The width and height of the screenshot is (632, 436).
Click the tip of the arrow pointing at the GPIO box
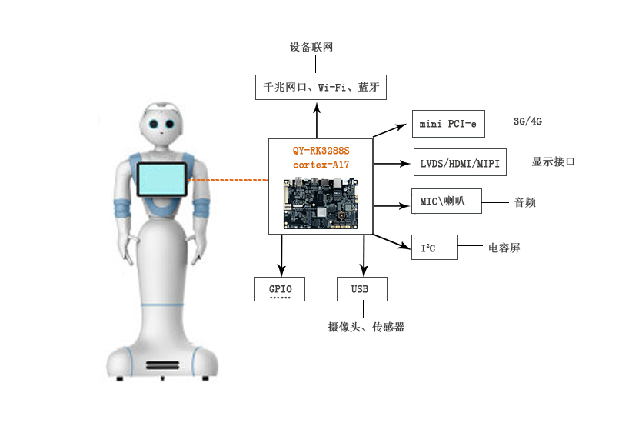tap(281, 276)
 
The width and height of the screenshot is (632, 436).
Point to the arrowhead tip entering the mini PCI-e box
tap(407, 125)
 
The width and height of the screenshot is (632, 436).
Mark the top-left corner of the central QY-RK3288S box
tap(268, 138)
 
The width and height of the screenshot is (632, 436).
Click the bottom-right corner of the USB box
tap(387, 301)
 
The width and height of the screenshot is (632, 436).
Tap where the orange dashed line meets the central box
tap(268, 180)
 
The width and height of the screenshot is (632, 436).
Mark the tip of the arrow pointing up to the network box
tap(317, 102)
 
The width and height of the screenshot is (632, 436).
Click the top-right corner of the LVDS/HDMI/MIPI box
tap(506, 148)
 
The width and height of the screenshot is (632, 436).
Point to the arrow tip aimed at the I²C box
tap(411, 248)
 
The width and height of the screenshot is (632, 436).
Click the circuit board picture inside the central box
tap(321, 204)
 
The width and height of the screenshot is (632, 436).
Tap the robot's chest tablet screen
tap(161, 179)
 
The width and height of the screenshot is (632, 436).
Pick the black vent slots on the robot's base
tap(162, 365)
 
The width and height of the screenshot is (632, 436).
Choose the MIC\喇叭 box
tap(446, 201)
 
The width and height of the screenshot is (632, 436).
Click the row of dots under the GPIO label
tap(280, 298)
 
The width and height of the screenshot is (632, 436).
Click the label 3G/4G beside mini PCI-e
tap(527, 121)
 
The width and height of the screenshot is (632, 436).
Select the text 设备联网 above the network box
tap(311, 47)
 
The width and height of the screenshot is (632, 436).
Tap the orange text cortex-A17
tap(321, 165)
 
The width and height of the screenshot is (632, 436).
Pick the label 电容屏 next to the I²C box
tap(504, 248)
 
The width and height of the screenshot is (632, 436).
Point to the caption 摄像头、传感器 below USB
tap(366, 327)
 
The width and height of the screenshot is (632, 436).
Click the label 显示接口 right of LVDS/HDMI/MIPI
tap(553, 161)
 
